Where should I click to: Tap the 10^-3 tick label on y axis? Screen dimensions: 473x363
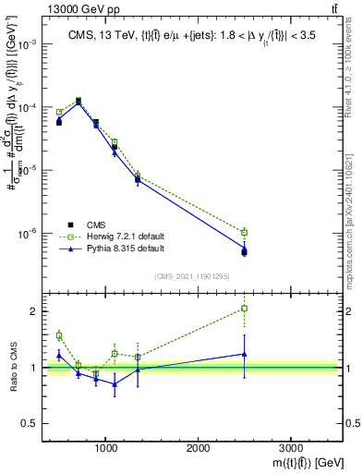[x=27, y=44]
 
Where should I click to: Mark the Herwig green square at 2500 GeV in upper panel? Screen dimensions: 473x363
[x=244, y=233]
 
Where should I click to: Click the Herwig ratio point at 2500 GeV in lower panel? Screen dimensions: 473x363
[x=244, y=309]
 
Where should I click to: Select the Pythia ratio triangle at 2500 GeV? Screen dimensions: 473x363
[x=244, y=354]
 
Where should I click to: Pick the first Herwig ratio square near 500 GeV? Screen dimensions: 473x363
[x=59, y=335]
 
